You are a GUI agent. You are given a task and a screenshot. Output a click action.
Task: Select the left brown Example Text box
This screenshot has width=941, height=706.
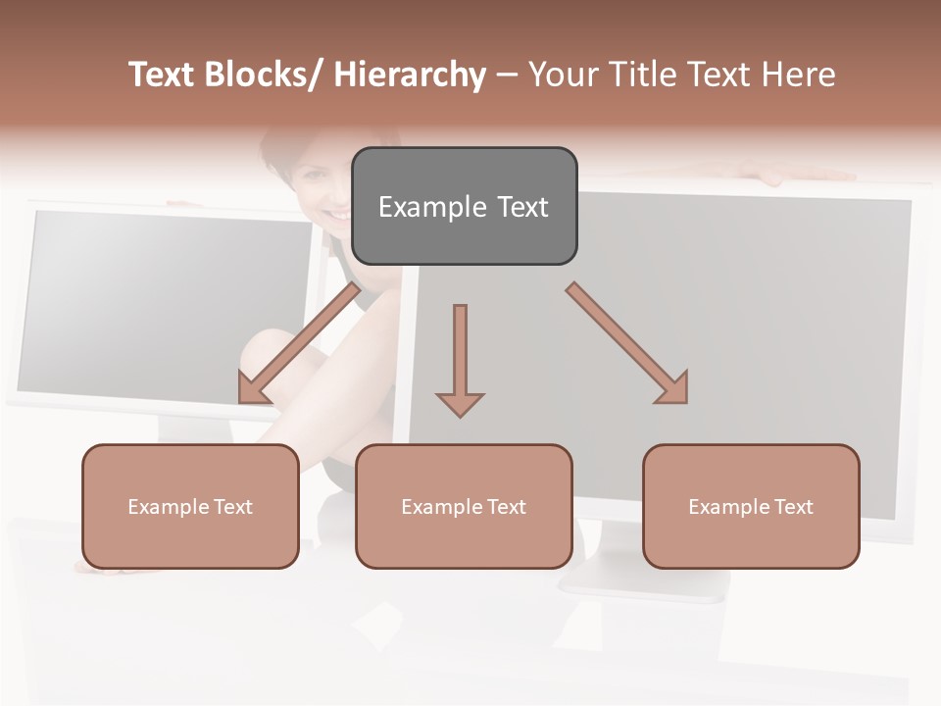click(190, 506)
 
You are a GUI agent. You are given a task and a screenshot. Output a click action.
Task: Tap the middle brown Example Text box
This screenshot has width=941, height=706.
click(464, 506)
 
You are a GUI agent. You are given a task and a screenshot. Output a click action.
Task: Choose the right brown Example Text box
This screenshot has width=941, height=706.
click(751, 506)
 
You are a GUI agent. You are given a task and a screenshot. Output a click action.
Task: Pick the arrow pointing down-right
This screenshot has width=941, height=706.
click(627, 343)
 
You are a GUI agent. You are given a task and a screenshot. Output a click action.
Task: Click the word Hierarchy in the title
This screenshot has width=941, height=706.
click(410, 75)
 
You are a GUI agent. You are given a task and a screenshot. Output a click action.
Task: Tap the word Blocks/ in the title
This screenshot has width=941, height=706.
click(264, 75)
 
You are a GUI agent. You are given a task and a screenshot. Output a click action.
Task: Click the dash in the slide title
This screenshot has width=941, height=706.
click(507, 76)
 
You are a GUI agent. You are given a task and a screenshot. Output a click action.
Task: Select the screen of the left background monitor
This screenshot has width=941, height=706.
click(167, 299)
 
